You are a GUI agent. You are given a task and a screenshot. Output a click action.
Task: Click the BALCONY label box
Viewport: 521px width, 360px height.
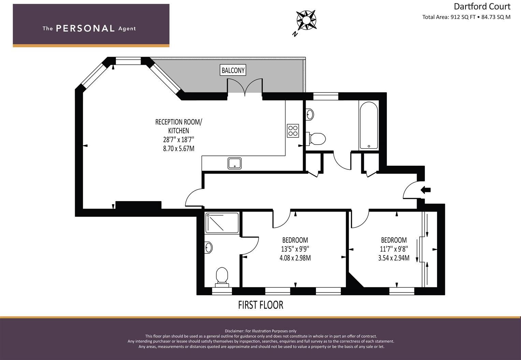pyautogui.click(x=233, y=70)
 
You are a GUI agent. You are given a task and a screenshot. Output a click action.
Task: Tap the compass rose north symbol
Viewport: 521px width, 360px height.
pyautogui.click(x=306, y=20)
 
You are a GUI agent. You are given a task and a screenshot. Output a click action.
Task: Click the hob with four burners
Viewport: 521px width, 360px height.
pyautogui.click(x=293, y=131)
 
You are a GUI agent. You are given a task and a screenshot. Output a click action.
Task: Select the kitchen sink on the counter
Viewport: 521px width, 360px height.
pyautogui.click(x=234, y=163)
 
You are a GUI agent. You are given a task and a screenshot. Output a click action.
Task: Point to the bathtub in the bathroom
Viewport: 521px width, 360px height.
pyautogui.click(x=368, y=126)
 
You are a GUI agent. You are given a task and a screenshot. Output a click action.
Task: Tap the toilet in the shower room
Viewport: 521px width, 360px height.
pyautogui.click(x=222, y=275)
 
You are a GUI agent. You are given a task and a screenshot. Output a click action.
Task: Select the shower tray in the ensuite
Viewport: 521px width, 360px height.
pyautogui.click(x=222, y=223)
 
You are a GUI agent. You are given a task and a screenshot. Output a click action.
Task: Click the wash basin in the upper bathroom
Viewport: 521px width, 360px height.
pyautogui.click(x=310, y=114)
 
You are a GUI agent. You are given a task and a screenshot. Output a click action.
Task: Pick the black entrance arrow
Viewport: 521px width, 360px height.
pyautogui.click(x=425, y=190)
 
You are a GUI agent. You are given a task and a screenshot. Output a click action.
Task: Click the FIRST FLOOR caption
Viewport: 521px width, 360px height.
pyautogui.click(x=261, y=305)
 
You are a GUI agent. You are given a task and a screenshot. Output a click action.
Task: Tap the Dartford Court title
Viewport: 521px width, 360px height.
pyautogui.click(x=482, y=6)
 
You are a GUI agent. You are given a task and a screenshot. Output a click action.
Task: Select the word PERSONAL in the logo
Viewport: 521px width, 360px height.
pyautogui.click(x=85, y=28)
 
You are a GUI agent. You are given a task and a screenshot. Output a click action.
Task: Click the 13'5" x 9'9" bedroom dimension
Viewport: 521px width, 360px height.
pyautogui.click(x=295, y=249)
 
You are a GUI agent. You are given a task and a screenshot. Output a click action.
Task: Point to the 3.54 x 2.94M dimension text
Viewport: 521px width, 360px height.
pyautogui.click(x=394, y=258)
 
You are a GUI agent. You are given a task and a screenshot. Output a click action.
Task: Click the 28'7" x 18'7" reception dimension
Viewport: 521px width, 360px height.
pyautogui.click(x=178, y=139)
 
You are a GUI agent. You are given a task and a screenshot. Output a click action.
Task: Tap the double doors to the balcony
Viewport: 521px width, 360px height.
pyautogui.click(x=245, y=87)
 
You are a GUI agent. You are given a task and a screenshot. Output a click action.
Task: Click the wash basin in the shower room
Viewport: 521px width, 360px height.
pyautogui.click(x=208, y=247)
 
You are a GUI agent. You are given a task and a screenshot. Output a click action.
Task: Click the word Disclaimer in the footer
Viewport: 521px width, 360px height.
pyautogui.click(x=234, y=331)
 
